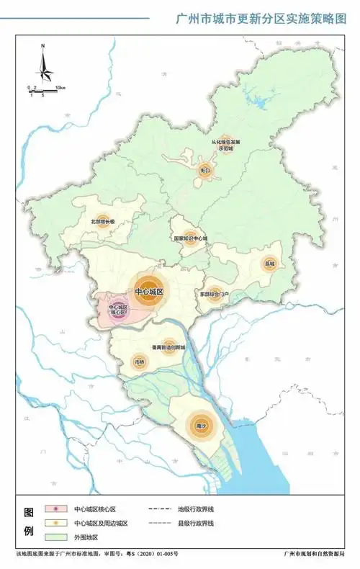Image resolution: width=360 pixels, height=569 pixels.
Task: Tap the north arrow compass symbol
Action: [43, 65]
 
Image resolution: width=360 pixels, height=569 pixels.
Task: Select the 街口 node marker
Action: [205, 171]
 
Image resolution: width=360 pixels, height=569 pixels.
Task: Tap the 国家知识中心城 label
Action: [191, 238]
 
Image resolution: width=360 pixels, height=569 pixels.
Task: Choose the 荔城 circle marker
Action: [270, 264]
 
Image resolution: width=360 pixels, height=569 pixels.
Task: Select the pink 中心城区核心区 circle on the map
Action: [117, 310]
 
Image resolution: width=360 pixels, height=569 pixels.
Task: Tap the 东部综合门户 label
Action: [215, 295]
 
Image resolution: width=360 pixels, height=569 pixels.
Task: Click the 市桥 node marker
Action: [140, 362]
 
